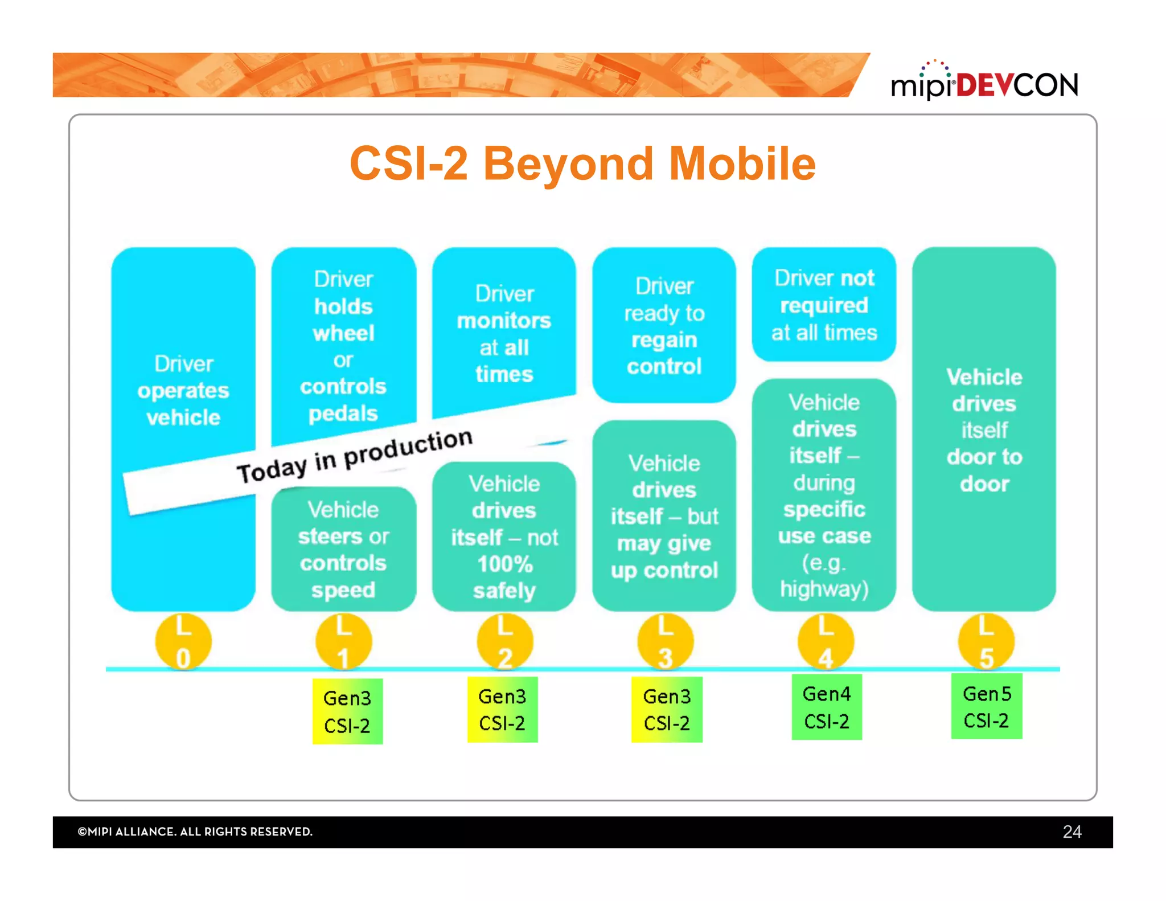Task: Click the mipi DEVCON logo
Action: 984,83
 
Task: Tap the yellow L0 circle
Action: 183,642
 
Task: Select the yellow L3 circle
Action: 665,642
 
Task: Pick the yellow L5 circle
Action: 986,642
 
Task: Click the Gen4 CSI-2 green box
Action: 826,707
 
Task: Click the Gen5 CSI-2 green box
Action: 986,706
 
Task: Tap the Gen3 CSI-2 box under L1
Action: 347,711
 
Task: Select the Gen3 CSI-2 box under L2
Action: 502,709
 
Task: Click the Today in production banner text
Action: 354,456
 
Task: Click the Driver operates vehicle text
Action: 183,391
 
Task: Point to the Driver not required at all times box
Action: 824,305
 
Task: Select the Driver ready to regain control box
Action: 664,326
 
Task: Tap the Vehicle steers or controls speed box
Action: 343,549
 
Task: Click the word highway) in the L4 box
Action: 824,589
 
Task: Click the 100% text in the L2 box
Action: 504,564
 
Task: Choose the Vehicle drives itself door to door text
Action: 984,430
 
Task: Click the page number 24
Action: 1071,832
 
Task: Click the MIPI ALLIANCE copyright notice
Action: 195,832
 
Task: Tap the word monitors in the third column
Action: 504,321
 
